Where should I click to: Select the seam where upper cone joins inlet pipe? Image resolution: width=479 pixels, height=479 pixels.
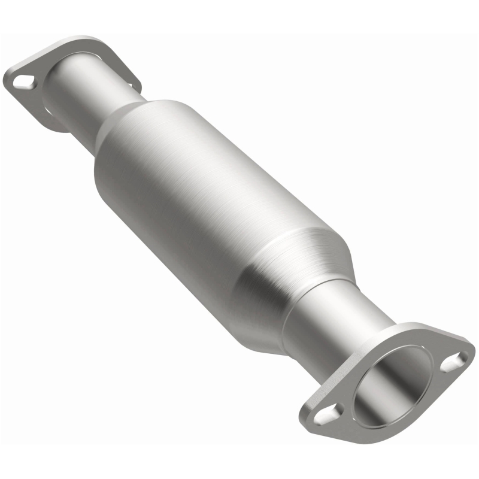click(114, 111)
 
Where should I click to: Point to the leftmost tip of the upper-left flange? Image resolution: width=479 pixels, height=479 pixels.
click(4, 78)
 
